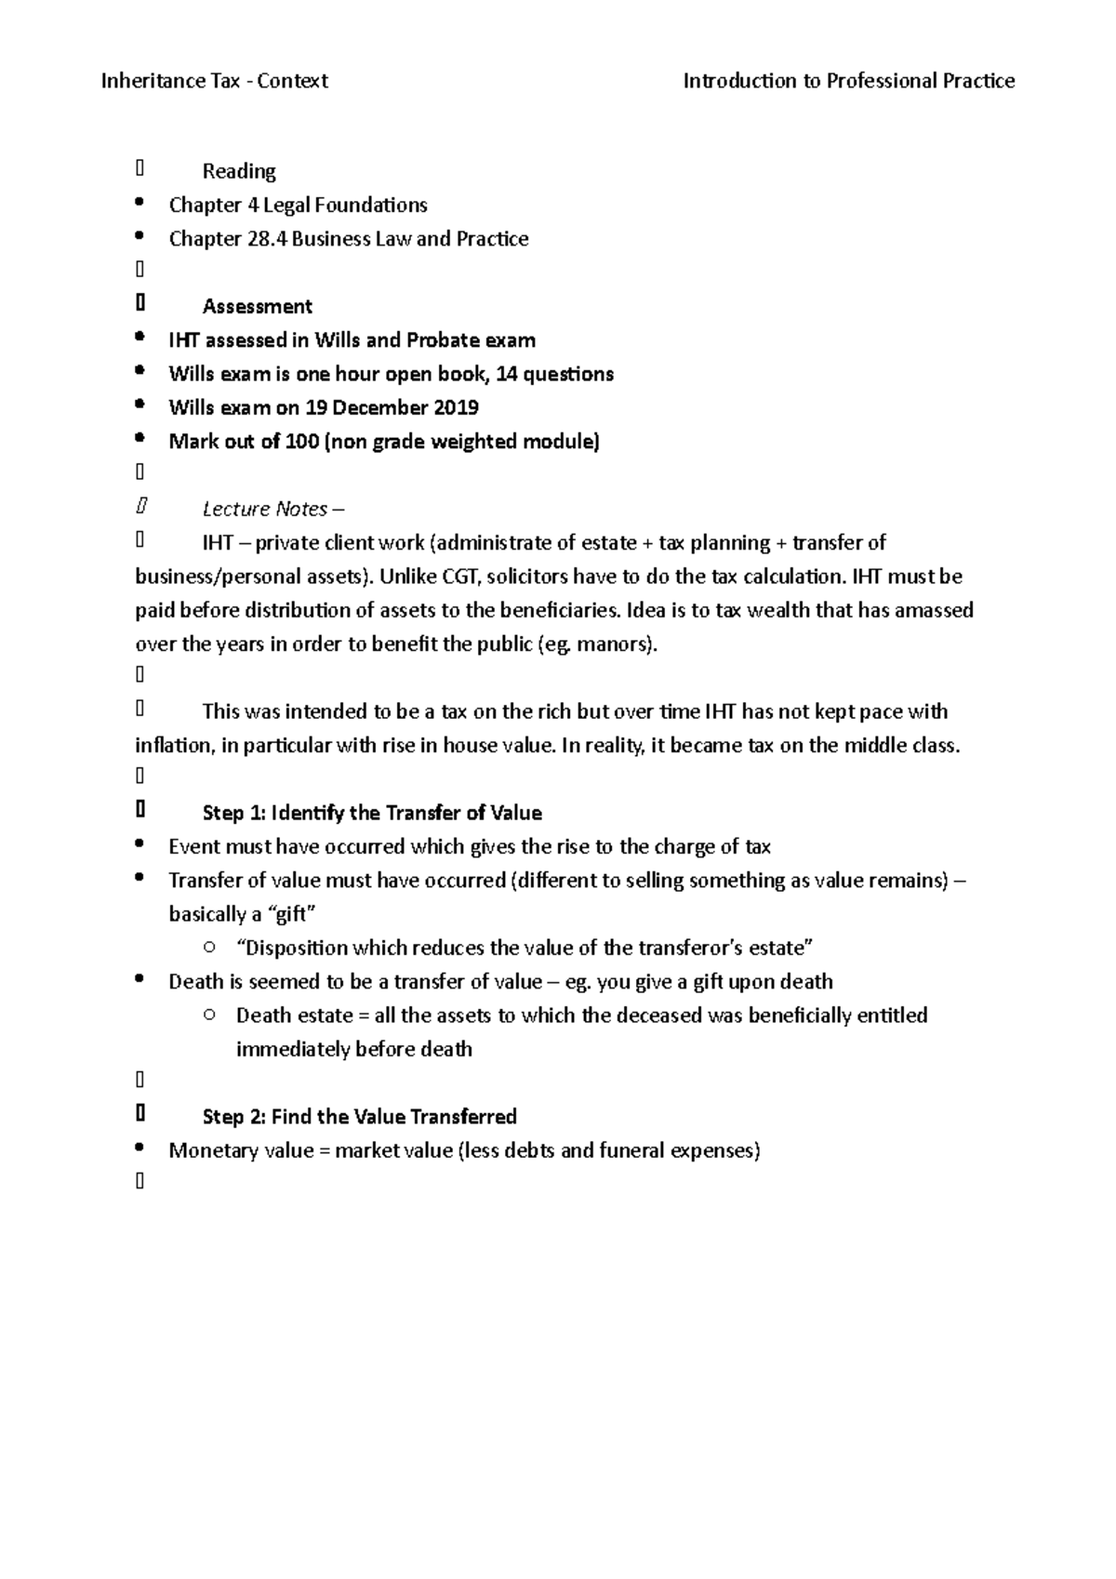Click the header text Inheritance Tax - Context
pos(214,81)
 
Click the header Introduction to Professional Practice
pos(848,81)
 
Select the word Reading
pos(239,171)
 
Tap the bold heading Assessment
pos(257,306)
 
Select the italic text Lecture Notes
pos(265,509)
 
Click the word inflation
pos(173,746)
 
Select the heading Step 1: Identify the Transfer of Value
pos(372,813)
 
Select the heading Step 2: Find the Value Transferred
pos(359,1116)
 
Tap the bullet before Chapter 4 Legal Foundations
pos(139,204)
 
